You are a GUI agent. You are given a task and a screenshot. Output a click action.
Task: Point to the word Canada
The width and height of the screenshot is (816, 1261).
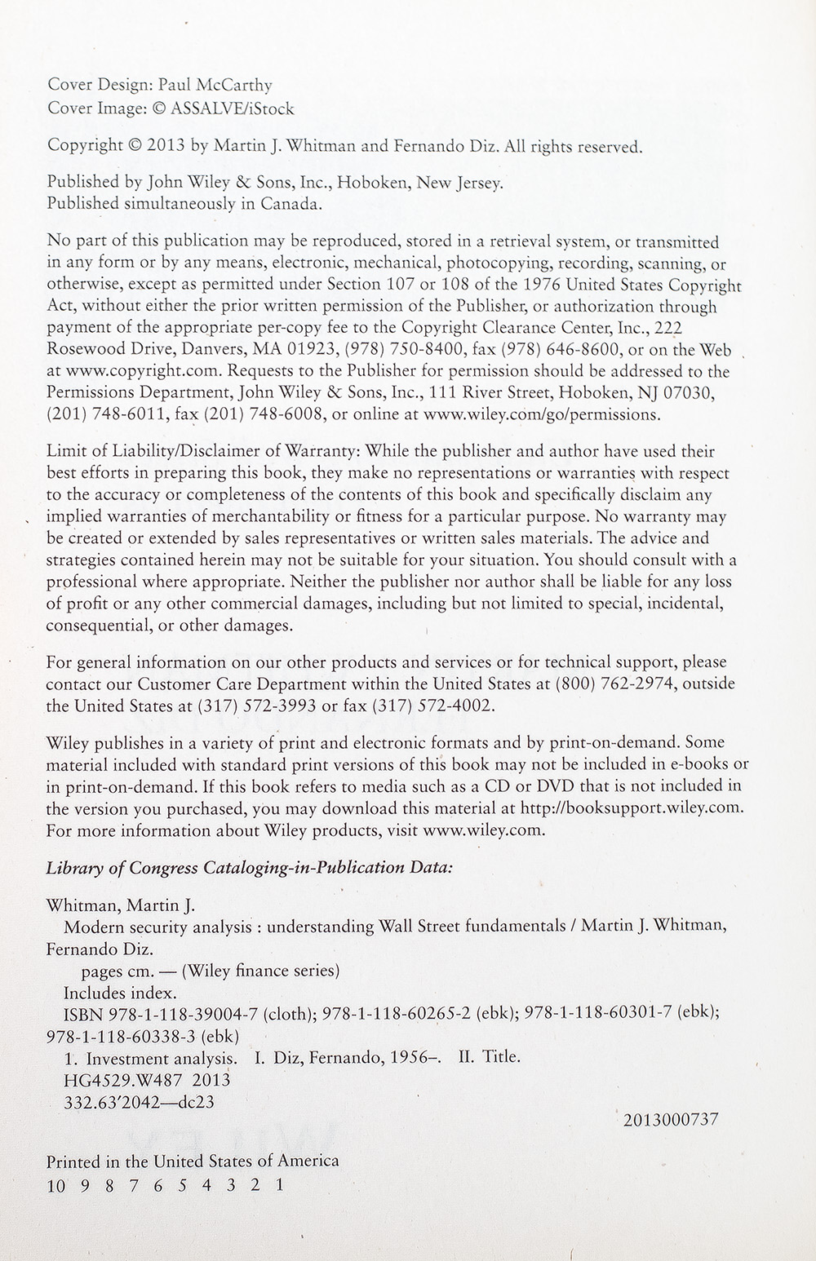(291, 204)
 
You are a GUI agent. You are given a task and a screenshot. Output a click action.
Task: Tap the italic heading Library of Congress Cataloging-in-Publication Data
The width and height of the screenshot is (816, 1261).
(250, 868)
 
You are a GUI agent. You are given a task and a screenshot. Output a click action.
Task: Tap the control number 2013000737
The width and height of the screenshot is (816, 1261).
(670, 1120)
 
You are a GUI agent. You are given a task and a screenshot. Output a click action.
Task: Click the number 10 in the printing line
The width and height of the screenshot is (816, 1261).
(55, 1186)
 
